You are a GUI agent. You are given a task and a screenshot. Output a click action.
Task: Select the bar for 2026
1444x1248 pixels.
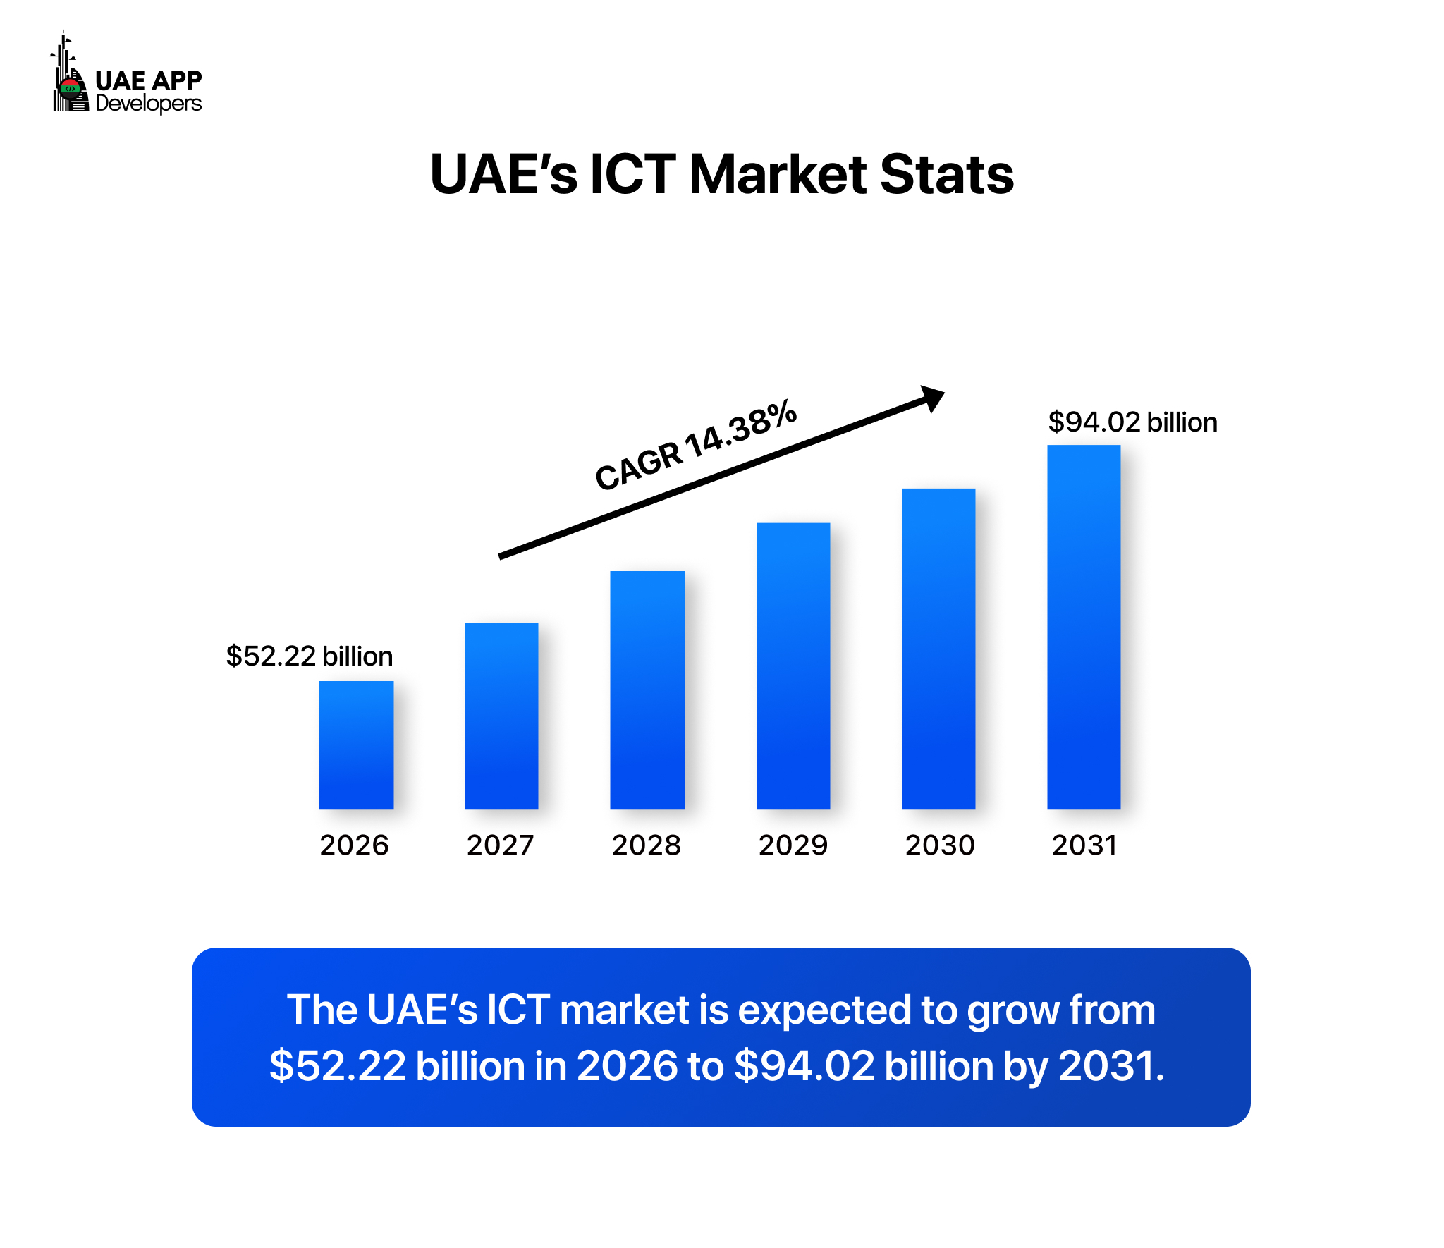[356, 745]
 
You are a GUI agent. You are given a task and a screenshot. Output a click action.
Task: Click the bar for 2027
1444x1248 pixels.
[501, 716]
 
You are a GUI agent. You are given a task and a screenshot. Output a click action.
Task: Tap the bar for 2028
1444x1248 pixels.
[647, 690]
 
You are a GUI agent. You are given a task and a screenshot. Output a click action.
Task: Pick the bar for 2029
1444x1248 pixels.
[793, 666]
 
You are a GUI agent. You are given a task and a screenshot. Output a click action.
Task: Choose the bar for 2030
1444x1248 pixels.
[938, 649]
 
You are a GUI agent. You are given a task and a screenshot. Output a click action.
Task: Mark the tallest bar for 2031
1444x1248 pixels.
[1084, 627]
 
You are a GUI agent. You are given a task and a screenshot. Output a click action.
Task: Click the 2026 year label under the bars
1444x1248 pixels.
[354, 845]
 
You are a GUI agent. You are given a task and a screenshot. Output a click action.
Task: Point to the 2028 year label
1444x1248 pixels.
[647, 845]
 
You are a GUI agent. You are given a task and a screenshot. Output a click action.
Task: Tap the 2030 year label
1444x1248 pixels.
[940, 845]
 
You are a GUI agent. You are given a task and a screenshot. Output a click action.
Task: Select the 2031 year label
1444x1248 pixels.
[1084, 845]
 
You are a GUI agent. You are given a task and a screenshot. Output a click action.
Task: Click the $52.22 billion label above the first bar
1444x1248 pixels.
[309, 656]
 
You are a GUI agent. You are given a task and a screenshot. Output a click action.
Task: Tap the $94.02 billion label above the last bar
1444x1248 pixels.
[1132, 422]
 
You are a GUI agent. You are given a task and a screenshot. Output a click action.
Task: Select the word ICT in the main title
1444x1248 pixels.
[632, 175]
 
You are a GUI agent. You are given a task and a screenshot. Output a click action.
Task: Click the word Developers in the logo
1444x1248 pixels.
[149, 104]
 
